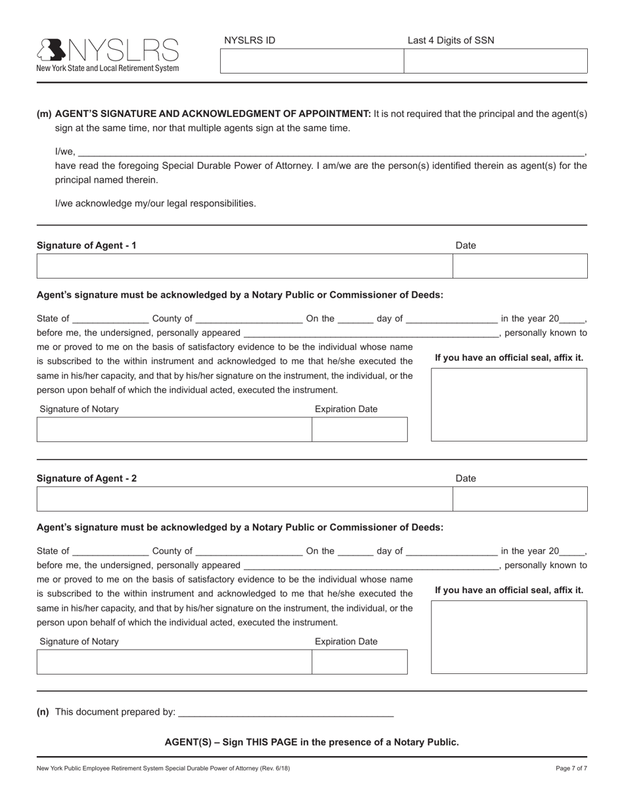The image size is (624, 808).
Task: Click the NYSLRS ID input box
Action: [311, 61]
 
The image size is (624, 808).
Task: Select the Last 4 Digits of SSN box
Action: [495, 61]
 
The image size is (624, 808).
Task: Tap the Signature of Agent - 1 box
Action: [244, 266]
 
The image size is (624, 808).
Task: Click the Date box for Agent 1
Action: [520, 266]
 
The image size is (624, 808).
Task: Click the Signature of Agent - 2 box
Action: [244, 499]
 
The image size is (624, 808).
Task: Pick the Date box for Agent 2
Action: [520, 499]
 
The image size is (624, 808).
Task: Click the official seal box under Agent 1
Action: [509, 405]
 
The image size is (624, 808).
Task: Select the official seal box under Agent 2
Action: [509, 637]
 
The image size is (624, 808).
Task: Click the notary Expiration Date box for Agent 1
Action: [359, 429]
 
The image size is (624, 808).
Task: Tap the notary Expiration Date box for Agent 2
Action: [359, 662]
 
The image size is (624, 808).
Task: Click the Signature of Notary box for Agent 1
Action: [174, 429]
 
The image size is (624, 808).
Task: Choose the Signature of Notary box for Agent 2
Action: [174, 662]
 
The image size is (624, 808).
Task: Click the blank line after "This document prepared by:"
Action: [286, 712]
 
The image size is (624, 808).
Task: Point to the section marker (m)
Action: [44, 114]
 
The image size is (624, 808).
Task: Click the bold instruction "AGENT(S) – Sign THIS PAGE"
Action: [311, 742]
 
